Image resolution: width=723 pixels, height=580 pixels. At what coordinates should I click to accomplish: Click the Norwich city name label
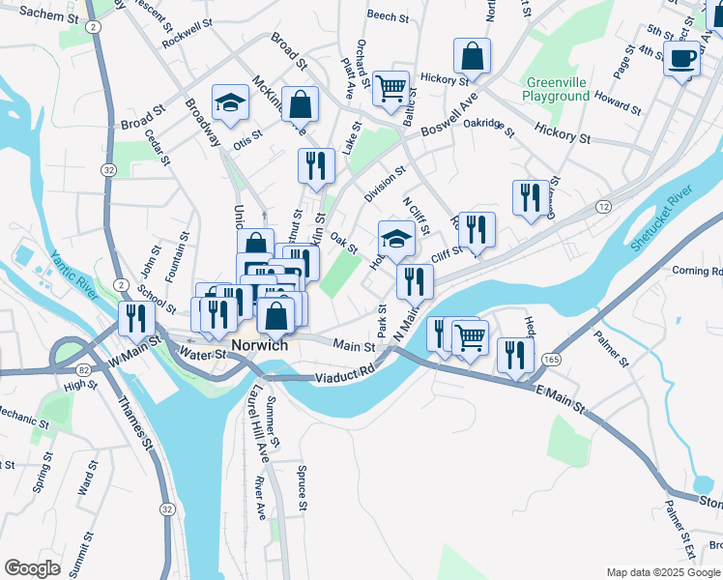click(x=260, y=345)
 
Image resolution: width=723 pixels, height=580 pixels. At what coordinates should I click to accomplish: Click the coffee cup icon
click(x=682, y=59)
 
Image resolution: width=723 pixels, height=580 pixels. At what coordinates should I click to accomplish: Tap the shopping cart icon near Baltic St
click(x=390, y=89)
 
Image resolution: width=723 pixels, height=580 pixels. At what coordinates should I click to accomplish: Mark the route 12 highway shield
click(x=603, y=207)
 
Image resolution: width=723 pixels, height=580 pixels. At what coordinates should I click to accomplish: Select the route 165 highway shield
click(x=551, y=359)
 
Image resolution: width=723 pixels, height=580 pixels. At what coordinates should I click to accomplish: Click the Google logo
click(x=33, y=567)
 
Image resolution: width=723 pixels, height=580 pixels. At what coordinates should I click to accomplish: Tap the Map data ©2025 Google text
click(x=663, y=571)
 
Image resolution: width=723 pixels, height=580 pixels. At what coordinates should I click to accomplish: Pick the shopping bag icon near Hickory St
click(x=472, y=57)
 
